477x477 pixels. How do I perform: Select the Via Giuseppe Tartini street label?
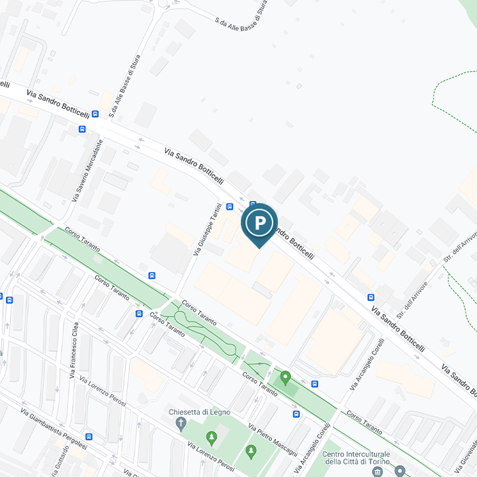pyautogui.click(x=206, y=229)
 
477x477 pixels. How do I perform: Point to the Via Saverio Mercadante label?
pyautogui.click(x=86, y=170)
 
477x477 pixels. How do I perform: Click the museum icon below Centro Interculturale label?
pyautogui.click(x=378, y=471)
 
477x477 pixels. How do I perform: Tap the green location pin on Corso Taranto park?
pyautogui.click(x=286, y=378)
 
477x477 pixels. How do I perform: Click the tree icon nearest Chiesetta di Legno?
pyautogui.click(x=211, y=437)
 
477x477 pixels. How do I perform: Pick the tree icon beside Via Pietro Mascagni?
pyautogui.click(x=251, y=451)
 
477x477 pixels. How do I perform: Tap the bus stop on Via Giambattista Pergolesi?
pyautogui.click(x=89, y=437)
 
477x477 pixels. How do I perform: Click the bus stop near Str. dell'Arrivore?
pyautogui.click(x=371, y=297)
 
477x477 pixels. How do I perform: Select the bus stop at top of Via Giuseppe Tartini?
pyautogui.click(x=230, y=206)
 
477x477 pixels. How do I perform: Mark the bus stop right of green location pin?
pyautogui.click(x=314, y=383)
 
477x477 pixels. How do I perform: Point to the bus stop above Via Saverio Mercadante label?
pyautogui.click(x=81, y=129)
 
